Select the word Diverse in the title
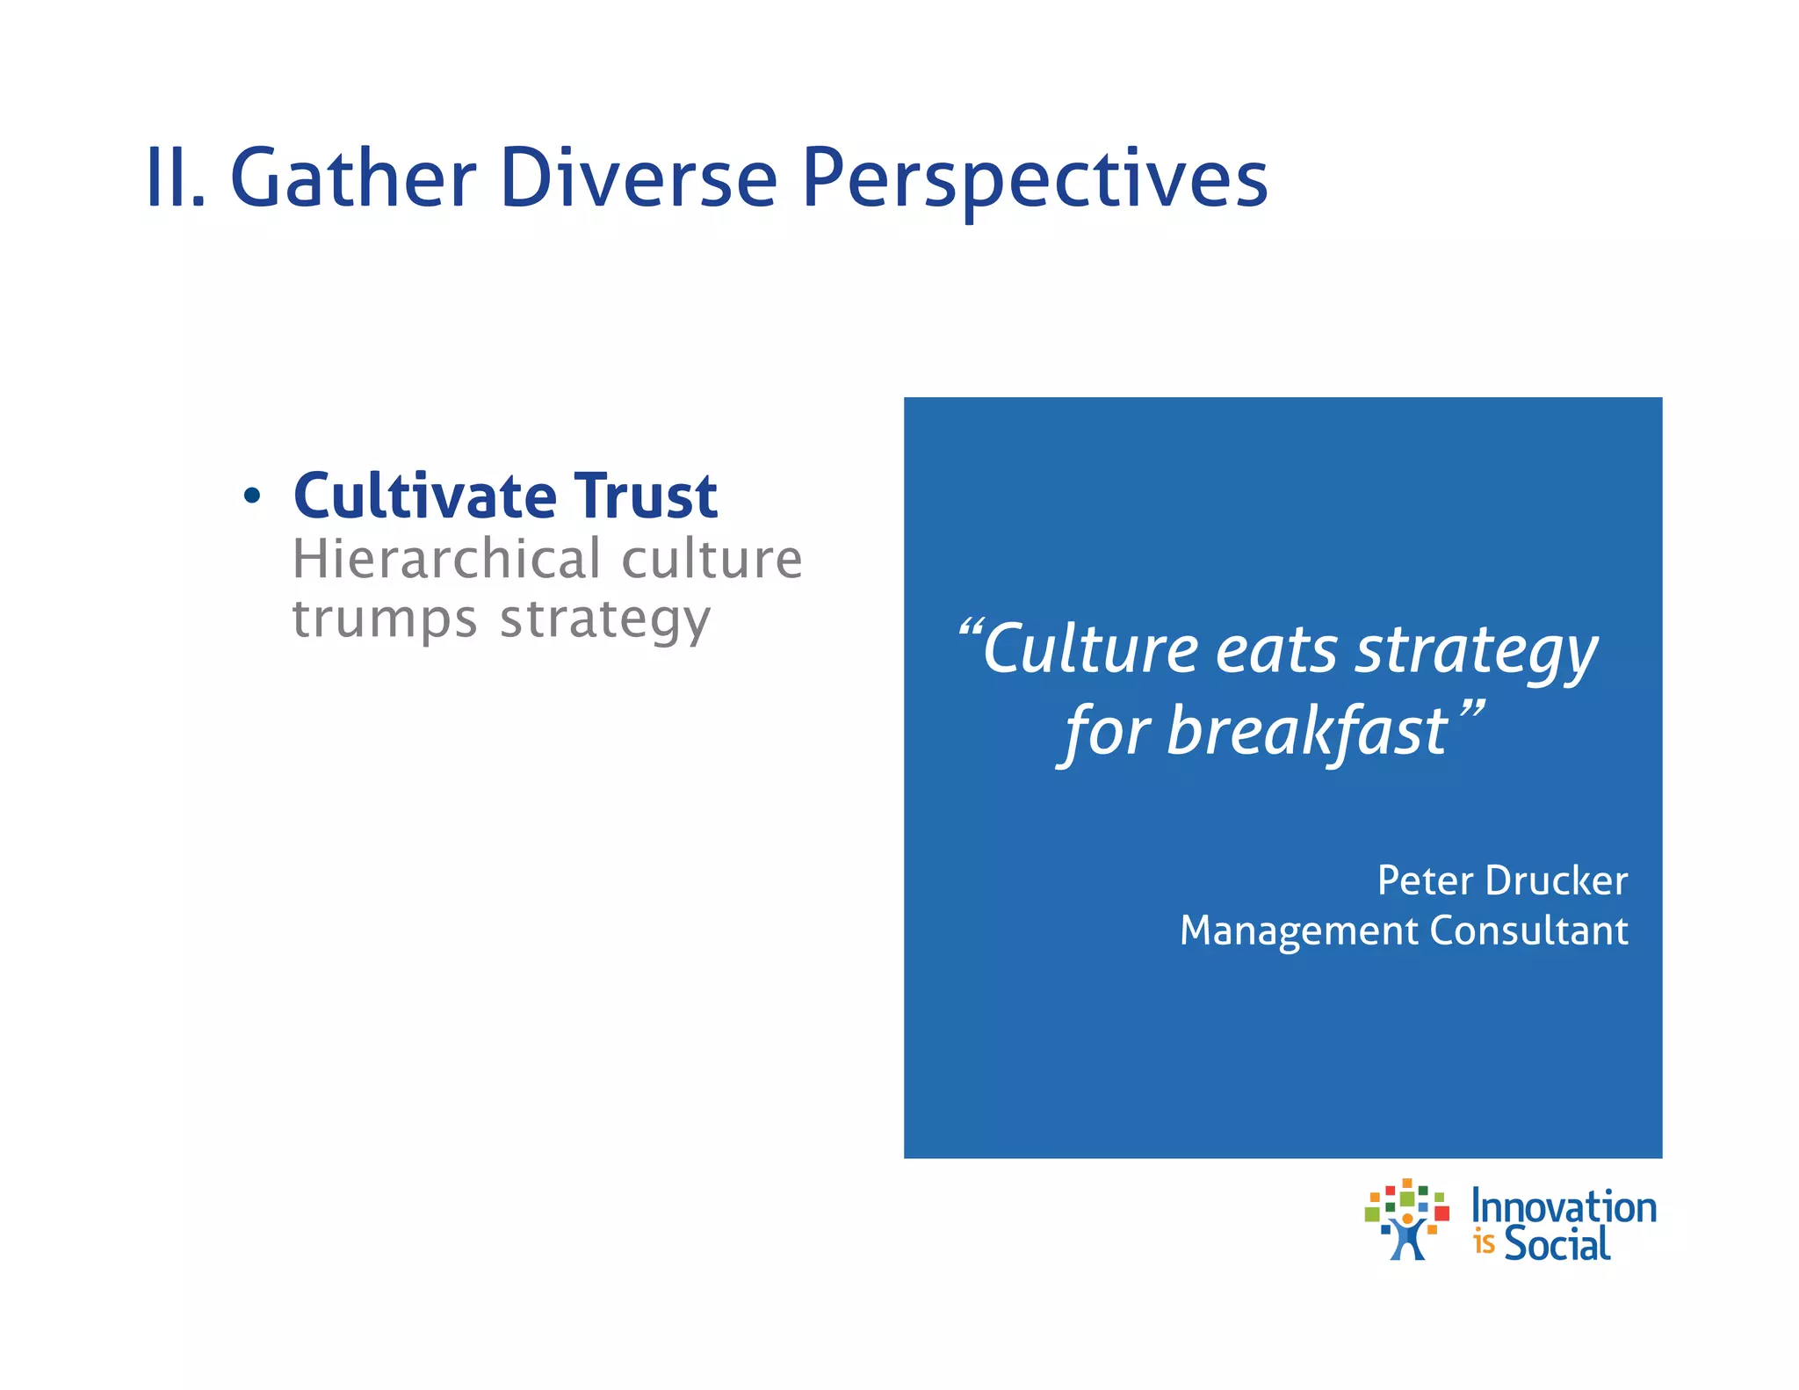639,178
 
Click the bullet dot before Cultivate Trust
252,496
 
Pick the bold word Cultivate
425,496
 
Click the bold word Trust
646,496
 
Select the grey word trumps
385,620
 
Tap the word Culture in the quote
1090,650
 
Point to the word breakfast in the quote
1306,732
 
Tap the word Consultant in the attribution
1528,930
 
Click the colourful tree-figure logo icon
1406,1220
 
